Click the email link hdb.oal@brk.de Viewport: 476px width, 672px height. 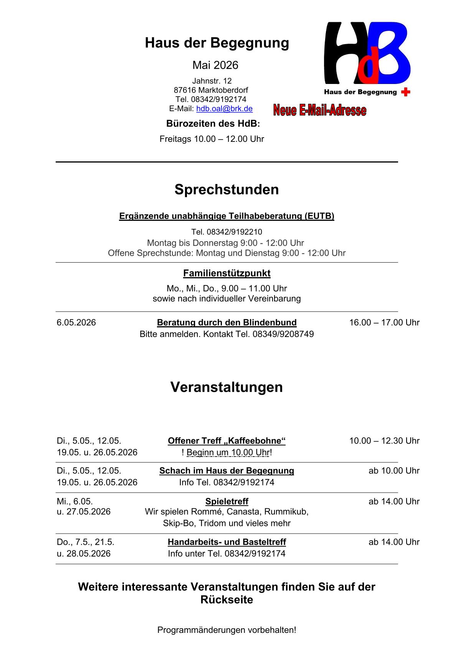[x=224, y=109]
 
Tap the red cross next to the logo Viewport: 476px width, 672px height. [x=405, y=92]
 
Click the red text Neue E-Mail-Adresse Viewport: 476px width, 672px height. [x=320, y=110]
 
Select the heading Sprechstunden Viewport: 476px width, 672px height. [x=226, y=189]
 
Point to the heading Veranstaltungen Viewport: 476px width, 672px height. [x=226, y=387]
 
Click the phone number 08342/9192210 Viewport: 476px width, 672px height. [x=234, y=232]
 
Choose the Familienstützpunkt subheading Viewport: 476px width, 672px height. [x=226, y=273]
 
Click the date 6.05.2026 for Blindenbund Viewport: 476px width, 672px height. [x=76, y=322]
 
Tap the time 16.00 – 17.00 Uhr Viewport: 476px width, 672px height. [x=384, y=322]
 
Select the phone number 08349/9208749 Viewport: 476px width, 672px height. [x=283, y=334]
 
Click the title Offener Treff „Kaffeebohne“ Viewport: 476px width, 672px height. [x=226, y=441]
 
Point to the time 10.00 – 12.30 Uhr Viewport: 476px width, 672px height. [x=384, y=441]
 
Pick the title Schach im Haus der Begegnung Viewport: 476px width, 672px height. [x=226, y=471]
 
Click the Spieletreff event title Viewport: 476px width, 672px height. [x=226, y=501]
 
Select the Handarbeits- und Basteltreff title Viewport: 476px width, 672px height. [x=226, y=542]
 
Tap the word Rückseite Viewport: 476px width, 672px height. [x=226, y=600]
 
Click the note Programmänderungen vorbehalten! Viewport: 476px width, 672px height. [x=226, y=630]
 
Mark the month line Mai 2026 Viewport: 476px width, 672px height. [x=215, y=65]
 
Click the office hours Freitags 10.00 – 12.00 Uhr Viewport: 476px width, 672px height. [x=212, y=139]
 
